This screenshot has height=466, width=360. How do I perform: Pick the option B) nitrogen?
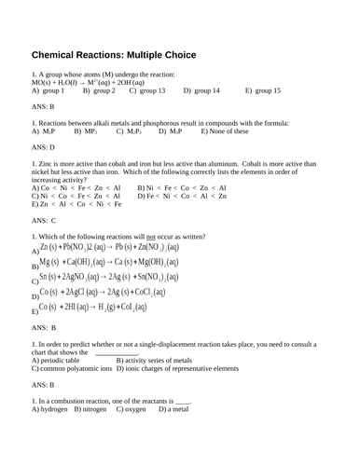(x=92, y=408)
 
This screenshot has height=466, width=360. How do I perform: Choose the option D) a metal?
(x=174, y=408)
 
